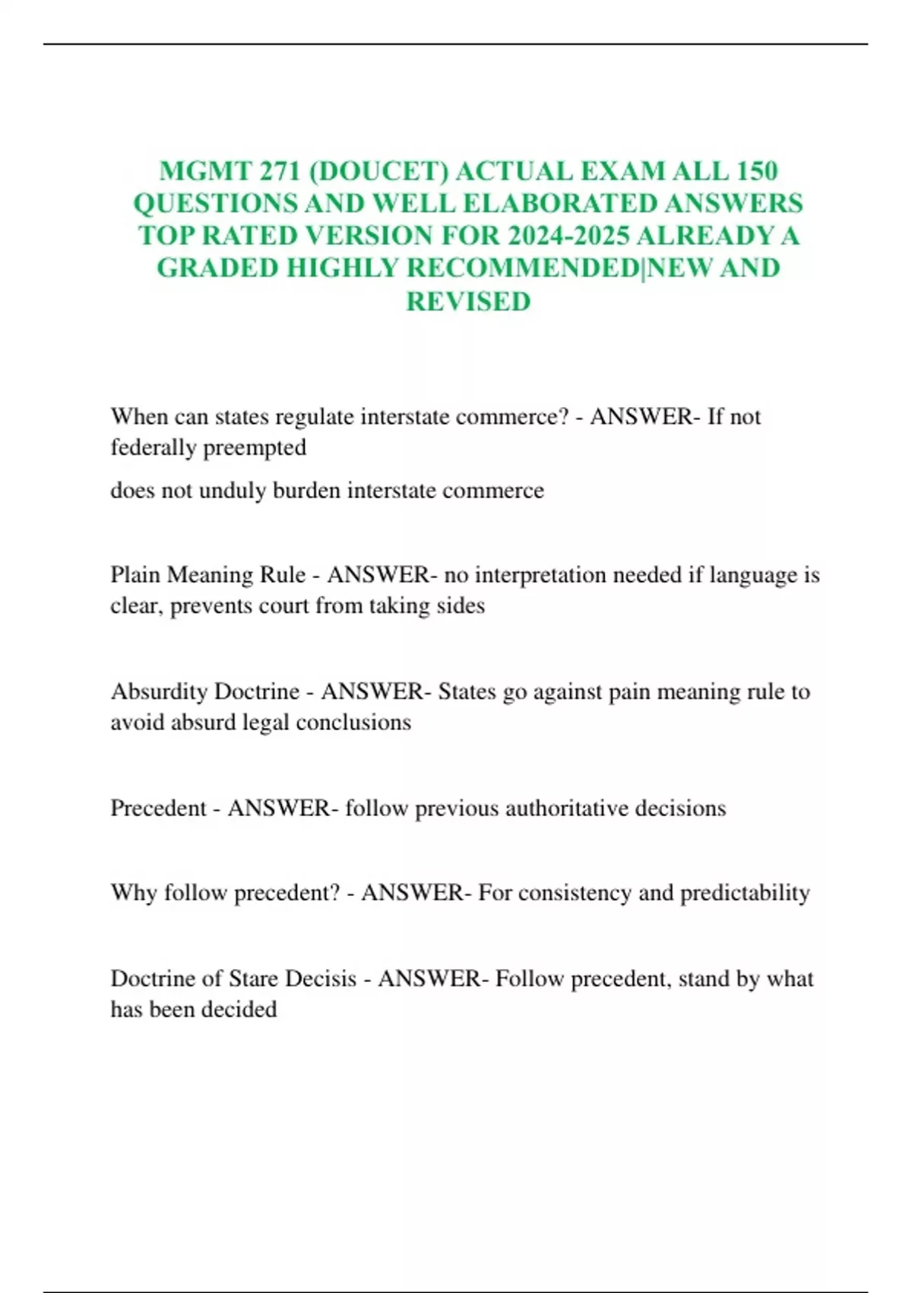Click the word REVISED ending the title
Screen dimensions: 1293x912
(468, 301)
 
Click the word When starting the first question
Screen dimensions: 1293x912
(139, 417)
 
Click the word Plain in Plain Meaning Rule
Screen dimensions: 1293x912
(135, 574)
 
